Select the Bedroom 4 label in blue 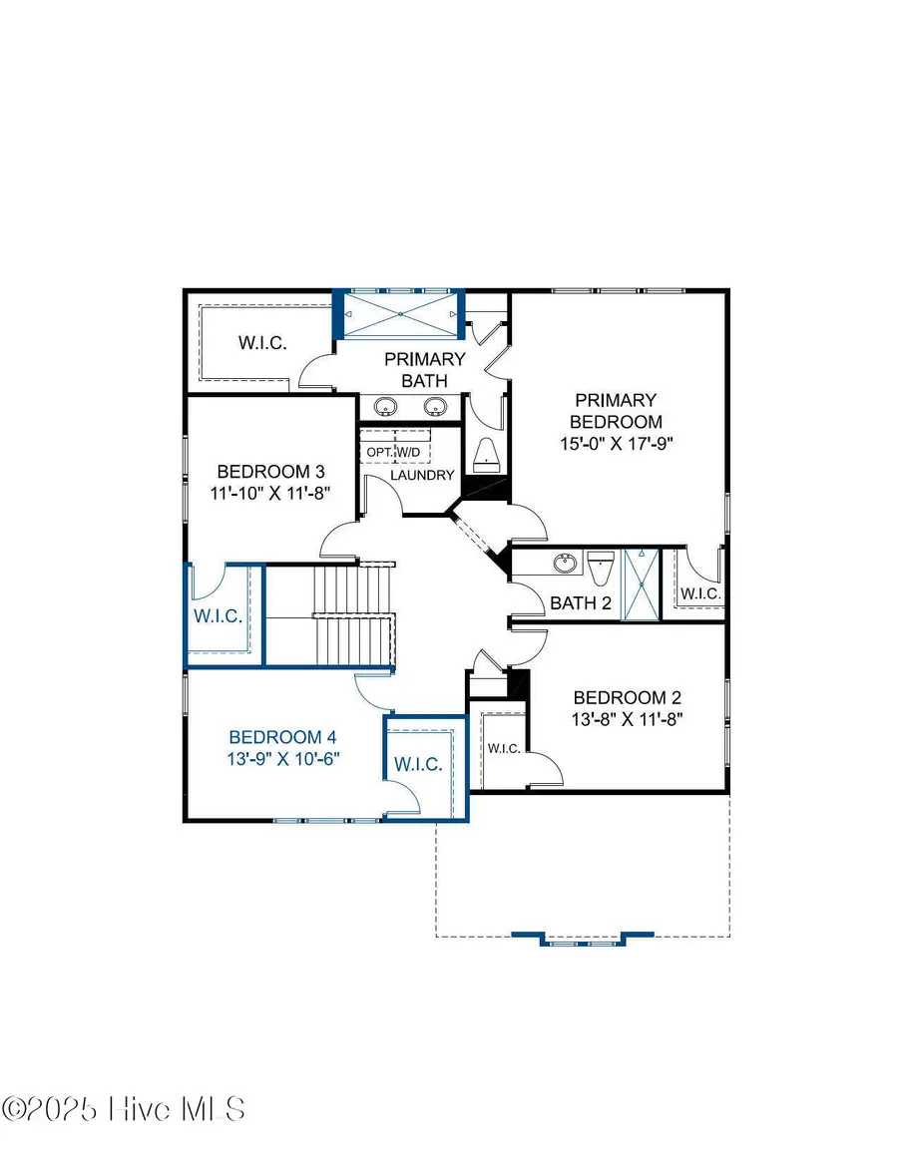point(282,737)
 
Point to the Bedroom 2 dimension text point(626,717)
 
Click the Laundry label point(423,475)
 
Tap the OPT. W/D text point(395,452)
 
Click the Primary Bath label point(425,369)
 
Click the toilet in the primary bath point(486,454)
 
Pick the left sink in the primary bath point(385,406)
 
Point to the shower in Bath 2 point(642,584)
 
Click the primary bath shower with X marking point(400,314)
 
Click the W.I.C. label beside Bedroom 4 point(419,764)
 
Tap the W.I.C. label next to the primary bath point(262,343)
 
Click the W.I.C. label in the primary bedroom point(699,593)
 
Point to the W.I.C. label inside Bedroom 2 point(502,748)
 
